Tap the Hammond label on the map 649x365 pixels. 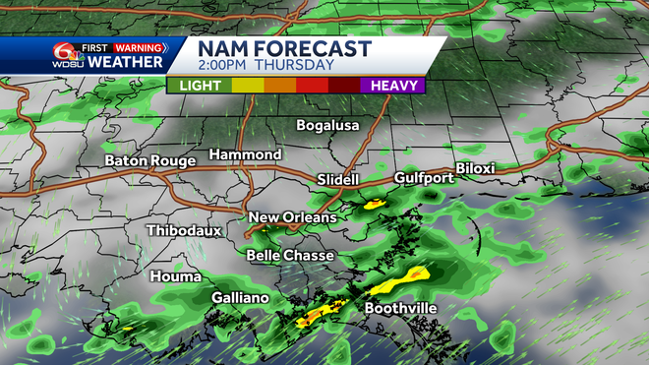tap(245, 155)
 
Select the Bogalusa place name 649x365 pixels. tap(328, 126)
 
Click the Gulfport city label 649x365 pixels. tap(423, 178)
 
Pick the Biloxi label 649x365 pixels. tap(475, 169)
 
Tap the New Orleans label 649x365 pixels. tap(292, 217)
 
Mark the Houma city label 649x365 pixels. tap(175, 276)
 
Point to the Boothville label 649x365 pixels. tap(400, 309)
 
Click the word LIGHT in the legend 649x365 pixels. tap(200, 86)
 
